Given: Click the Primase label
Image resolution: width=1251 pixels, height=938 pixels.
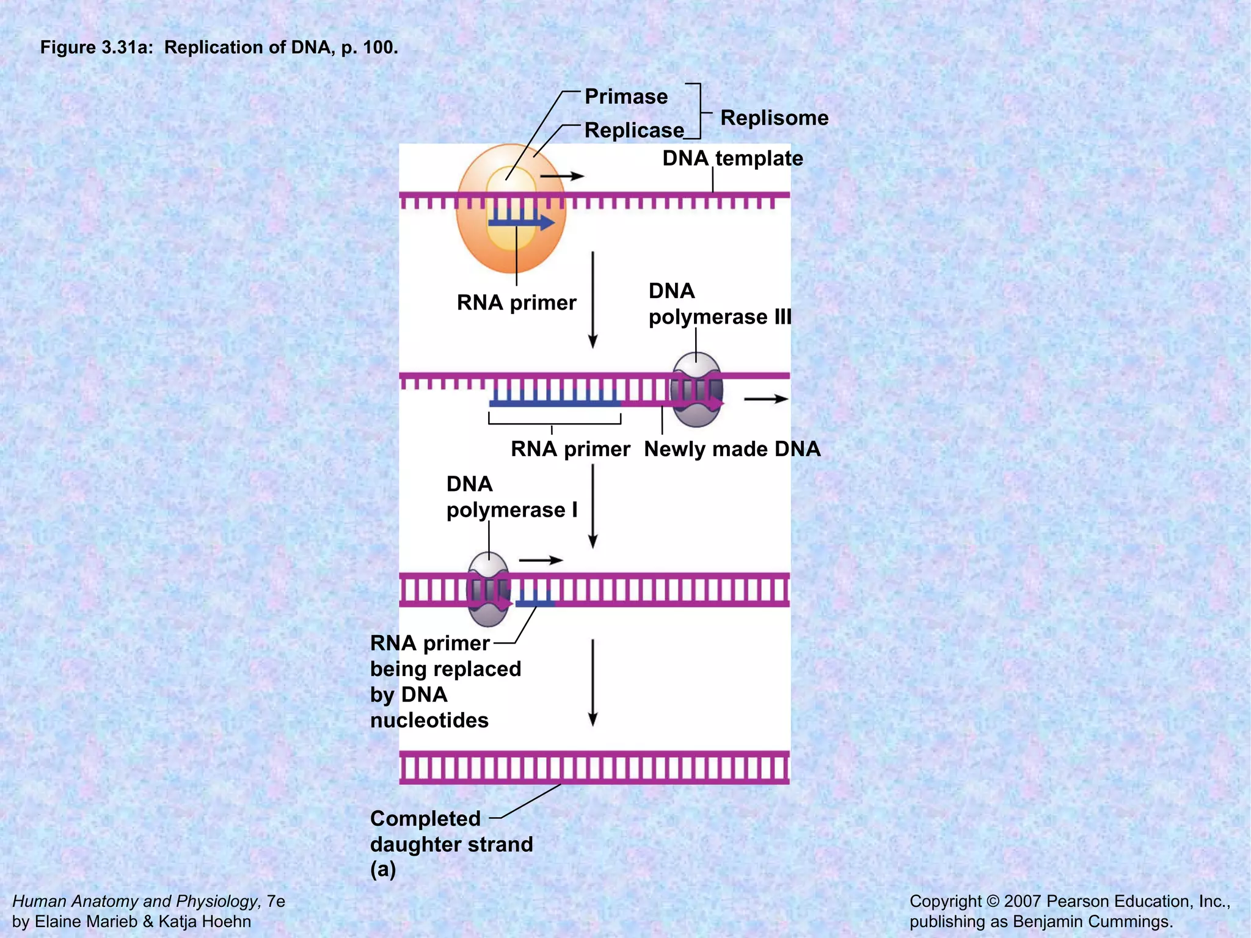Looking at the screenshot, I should point(626,96).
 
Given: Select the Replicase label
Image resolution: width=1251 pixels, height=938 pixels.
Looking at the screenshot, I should point(634,130).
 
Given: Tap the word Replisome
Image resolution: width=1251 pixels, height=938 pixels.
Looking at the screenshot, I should point(774,118).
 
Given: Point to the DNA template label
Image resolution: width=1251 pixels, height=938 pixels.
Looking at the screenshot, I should point(732,158).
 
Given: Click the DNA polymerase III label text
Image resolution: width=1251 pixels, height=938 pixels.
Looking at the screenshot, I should point(719,304).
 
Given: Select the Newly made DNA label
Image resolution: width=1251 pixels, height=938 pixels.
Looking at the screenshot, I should point(732,449).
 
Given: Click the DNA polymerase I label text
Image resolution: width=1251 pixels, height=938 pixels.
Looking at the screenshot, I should point(511,497).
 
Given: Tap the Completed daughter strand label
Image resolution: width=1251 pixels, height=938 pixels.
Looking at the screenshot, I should point(451,831).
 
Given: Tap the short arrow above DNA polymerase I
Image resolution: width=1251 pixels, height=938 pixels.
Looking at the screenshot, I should point(541,560).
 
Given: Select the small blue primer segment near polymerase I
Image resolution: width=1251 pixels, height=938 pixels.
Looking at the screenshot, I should point(535,603).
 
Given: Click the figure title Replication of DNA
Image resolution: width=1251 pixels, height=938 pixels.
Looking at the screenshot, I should point(219,47).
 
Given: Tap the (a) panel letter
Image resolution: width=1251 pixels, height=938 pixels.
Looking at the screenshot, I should point(383,869).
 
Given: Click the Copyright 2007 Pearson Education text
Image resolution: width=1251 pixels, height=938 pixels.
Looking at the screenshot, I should point(1069,901).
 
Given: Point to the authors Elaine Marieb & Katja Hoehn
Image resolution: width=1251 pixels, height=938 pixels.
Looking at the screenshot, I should point(131,922).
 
